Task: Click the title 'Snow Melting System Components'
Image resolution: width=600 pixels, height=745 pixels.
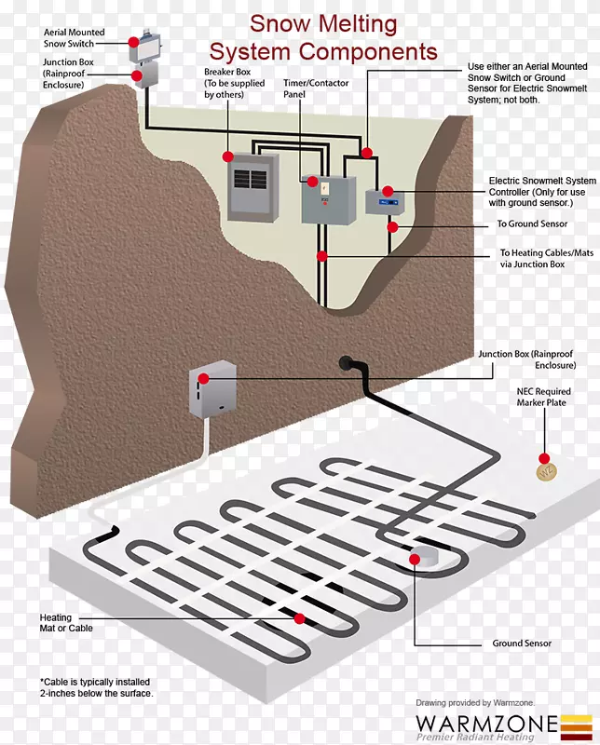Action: point(323,37)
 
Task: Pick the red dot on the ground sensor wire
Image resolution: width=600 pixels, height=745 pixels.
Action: point(393,225)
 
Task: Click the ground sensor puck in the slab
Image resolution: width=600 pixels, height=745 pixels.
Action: point(427,559)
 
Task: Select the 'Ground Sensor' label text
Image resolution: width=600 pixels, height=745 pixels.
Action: point(522,643)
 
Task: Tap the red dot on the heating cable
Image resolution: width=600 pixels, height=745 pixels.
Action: point(299,617)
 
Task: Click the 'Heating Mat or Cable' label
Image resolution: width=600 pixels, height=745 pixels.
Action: point(66,623)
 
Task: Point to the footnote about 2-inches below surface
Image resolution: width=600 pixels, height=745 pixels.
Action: point(96,687)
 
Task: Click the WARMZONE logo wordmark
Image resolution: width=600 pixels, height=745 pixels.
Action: point(486,724)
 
